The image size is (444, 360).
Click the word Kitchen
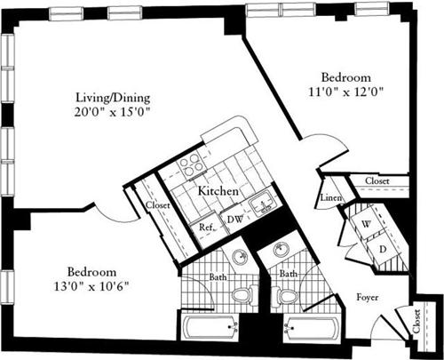point(217,191)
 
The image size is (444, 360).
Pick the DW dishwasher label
point(234,220)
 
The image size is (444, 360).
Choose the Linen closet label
point(331,198)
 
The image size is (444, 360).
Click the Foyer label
point(367,297)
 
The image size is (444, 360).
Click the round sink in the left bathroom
point(238,257)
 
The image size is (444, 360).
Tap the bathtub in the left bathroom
point(210,328)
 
